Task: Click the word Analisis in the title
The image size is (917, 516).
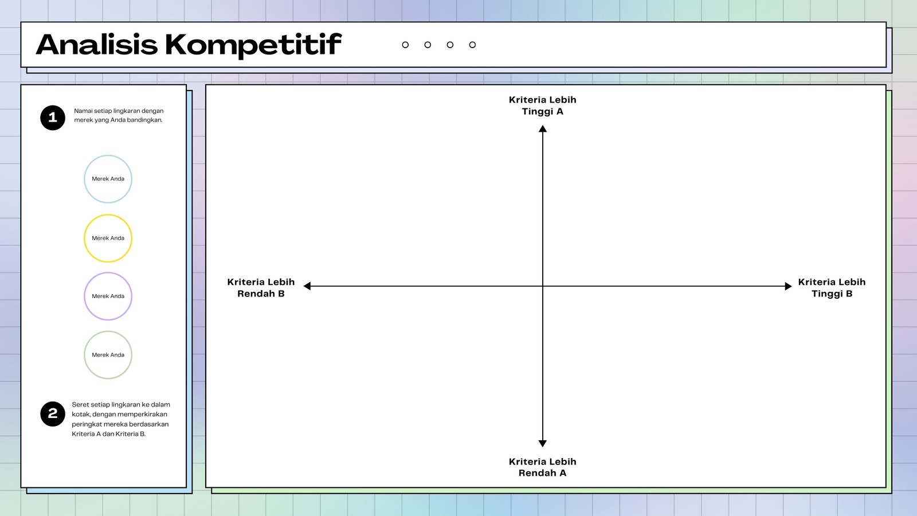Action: [97, 44]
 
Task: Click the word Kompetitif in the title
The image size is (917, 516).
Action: [253, 45]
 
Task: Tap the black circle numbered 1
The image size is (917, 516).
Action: [53, 118]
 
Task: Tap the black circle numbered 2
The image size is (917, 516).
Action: [53, 413]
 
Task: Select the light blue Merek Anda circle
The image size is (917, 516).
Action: [108, 155]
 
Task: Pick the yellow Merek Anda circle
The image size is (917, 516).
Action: [108, 214]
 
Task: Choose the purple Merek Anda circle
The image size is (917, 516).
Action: [108, 273]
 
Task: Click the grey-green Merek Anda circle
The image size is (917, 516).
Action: [108, 331]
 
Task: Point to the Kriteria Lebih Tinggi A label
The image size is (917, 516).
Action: [542, 105]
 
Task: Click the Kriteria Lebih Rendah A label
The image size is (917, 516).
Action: [542, 467]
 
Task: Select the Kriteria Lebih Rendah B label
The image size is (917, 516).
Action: [261, 287]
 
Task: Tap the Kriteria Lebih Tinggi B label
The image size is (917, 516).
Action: [832, 287]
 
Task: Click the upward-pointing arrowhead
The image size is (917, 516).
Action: [543, 128]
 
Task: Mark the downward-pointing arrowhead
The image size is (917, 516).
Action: [543, 444]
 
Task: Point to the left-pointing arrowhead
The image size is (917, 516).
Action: [307, 286]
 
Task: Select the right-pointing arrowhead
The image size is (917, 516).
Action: [789, 286]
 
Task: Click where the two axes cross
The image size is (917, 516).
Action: [543, 286]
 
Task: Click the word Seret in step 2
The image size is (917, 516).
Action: [80, 405]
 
